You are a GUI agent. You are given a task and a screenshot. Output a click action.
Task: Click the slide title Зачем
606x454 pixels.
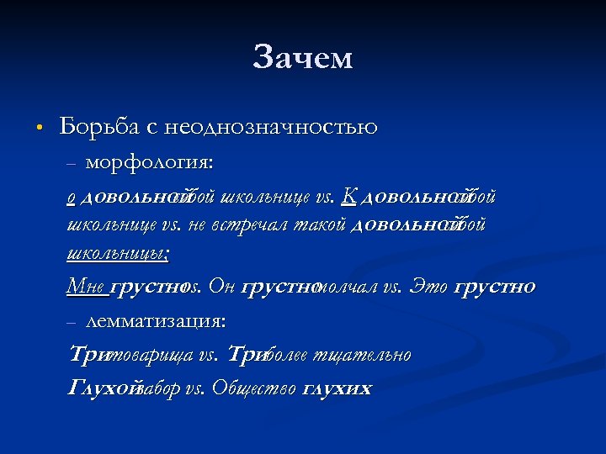tap(302, 58)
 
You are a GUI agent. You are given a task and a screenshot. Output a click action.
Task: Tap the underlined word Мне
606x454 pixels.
tap(86, 287)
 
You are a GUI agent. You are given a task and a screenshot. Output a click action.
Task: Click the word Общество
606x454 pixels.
tap(253, 388)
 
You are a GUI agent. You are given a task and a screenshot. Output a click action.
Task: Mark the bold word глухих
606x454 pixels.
tap(337, 388)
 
